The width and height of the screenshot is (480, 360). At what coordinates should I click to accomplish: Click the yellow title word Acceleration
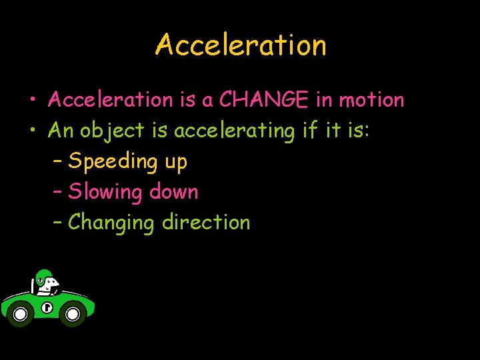coord(241,45)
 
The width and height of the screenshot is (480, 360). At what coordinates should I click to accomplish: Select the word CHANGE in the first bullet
coord(264,100)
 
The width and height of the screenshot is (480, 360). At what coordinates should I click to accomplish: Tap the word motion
coord(371,100)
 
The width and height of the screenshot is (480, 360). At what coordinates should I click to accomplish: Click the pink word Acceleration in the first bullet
coord(110,100)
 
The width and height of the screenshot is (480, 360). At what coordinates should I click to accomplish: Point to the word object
coord(112,131)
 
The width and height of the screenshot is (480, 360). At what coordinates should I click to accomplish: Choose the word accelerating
coord(234,131)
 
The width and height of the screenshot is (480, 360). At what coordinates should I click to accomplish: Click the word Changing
coord(111,223)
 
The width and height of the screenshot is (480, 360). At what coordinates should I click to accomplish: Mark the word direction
coord(206,222)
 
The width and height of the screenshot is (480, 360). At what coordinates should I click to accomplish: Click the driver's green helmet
coord(43,276)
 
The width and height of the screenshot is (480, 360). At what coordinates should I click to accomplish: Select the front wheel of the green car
coord(73,313)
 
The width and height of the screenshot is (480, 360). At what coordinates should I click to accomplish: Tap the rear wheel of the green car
coord(20,313)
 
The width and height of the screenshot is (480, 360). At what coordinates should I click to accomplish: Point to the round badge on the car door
coord(46,307)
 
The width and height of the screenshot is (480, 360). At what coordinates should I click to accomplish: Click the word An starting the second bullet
coord(61,131)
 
